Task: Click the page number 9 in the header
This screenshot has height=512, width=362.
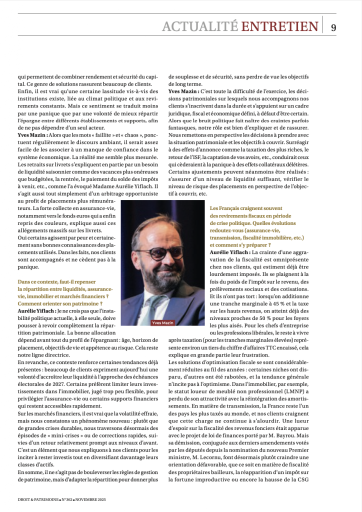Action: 333,27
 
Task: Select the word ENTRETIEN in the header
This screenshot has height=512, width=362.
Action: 279,26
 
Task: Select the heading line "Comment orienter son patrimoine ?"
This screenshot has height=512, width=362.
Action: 60,303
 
